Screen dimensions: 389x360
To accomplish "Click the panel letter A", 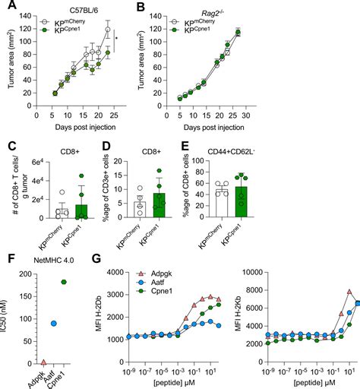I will point(6,7).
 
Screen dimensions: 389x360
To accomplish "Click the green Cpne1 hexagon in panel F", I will point(63,281).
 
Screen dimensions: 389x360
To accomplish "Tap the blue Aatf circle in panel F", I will point(53,324).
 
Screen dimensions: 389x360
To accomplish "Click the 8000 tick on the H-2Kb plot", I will point(271,290).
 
